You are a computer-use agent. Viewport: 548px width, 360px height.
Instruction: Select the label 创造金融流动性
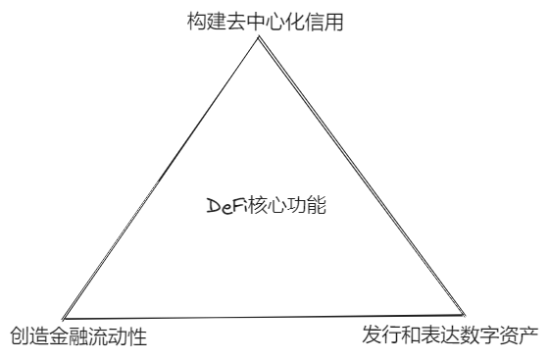(x=77, y=338)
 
